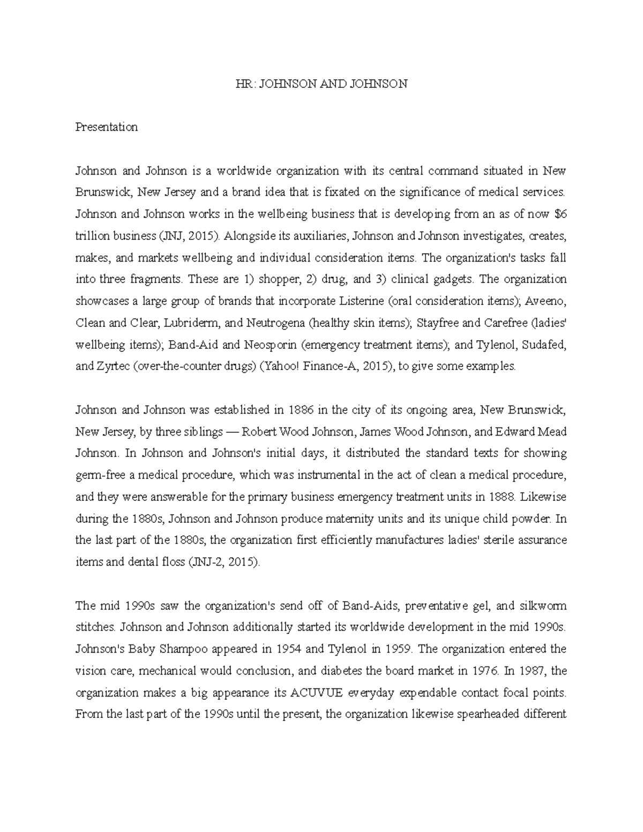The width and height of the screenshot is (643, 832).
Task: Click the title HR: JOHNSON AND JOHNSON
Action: (322, 84)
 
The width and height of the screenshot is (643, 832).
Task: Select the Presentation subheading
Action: (107, 128)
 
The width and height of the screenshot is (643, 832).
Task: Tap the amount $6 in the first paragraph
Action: (560, 214)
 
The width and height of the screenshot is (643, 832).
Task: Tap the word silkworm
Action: (543, 606)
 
